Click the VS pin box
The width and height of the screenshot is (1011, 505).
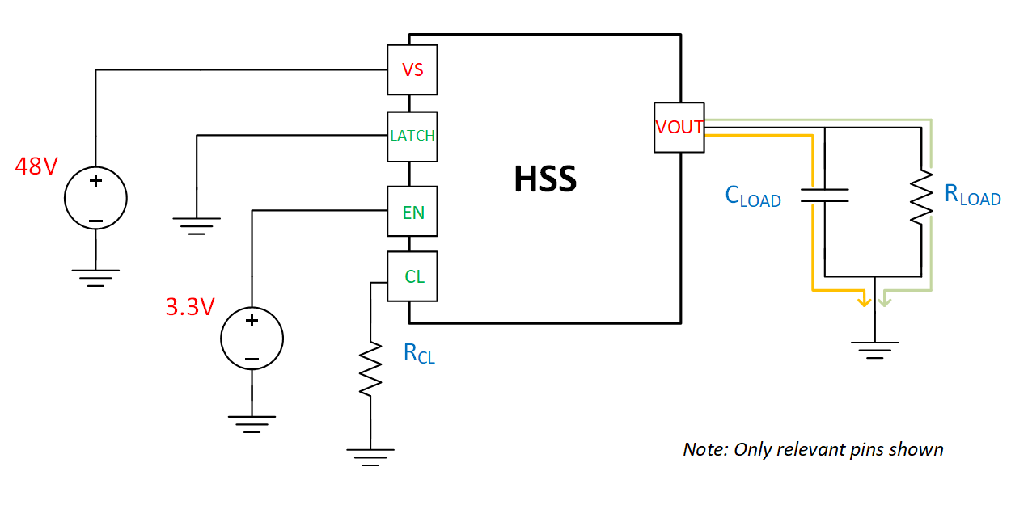pyautogui.click(x=412, y=70)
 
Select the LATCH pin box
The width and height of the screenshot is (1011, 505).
pyautogui.click(x=412, y=136)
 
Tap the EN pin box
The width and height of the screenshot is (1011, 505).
pyautogui.click(x=412, y=213)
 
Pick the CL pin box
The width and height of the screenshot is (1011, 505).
pyautogui.click(x=412, y=277)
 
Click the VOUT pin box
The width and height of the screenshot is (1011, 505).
pyautogui.click(x=679, y=127)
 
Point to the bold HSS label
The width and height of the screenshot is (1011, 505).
pyautogui.click(x=545, y=179)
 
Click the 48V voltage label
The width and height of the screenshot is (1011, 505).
pyautogui.click(x=36, y=166)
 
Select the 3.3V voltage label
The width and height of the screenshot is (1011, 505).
pyautogui.click(x=189, y=307)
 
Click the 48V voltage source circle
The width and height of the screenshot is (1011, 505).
pyautogui.click(x=95, y=199)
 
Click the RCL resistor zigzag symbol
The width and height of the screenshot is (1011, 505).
pyautogui.click(x=370, y=369)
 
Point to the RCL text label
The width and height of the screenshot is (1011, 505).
pyautogui.click(x=419, y=353)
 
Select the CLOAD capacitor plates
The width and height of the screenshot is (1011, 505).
pyautogui.click(x=824, y=195)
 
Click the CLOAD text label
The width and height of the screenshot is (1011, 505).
pyautogui.click(x=753, y=196)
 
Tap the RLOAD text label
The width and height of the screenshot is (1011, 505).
pyautogui.click(x=972, y=195)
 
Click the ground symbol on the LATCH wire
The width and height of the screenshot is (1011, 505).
pyautogui.click(x=196, y=224)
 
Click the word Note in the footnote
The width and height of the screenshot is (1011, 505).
pyautogui.click(x=704, y=449)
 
